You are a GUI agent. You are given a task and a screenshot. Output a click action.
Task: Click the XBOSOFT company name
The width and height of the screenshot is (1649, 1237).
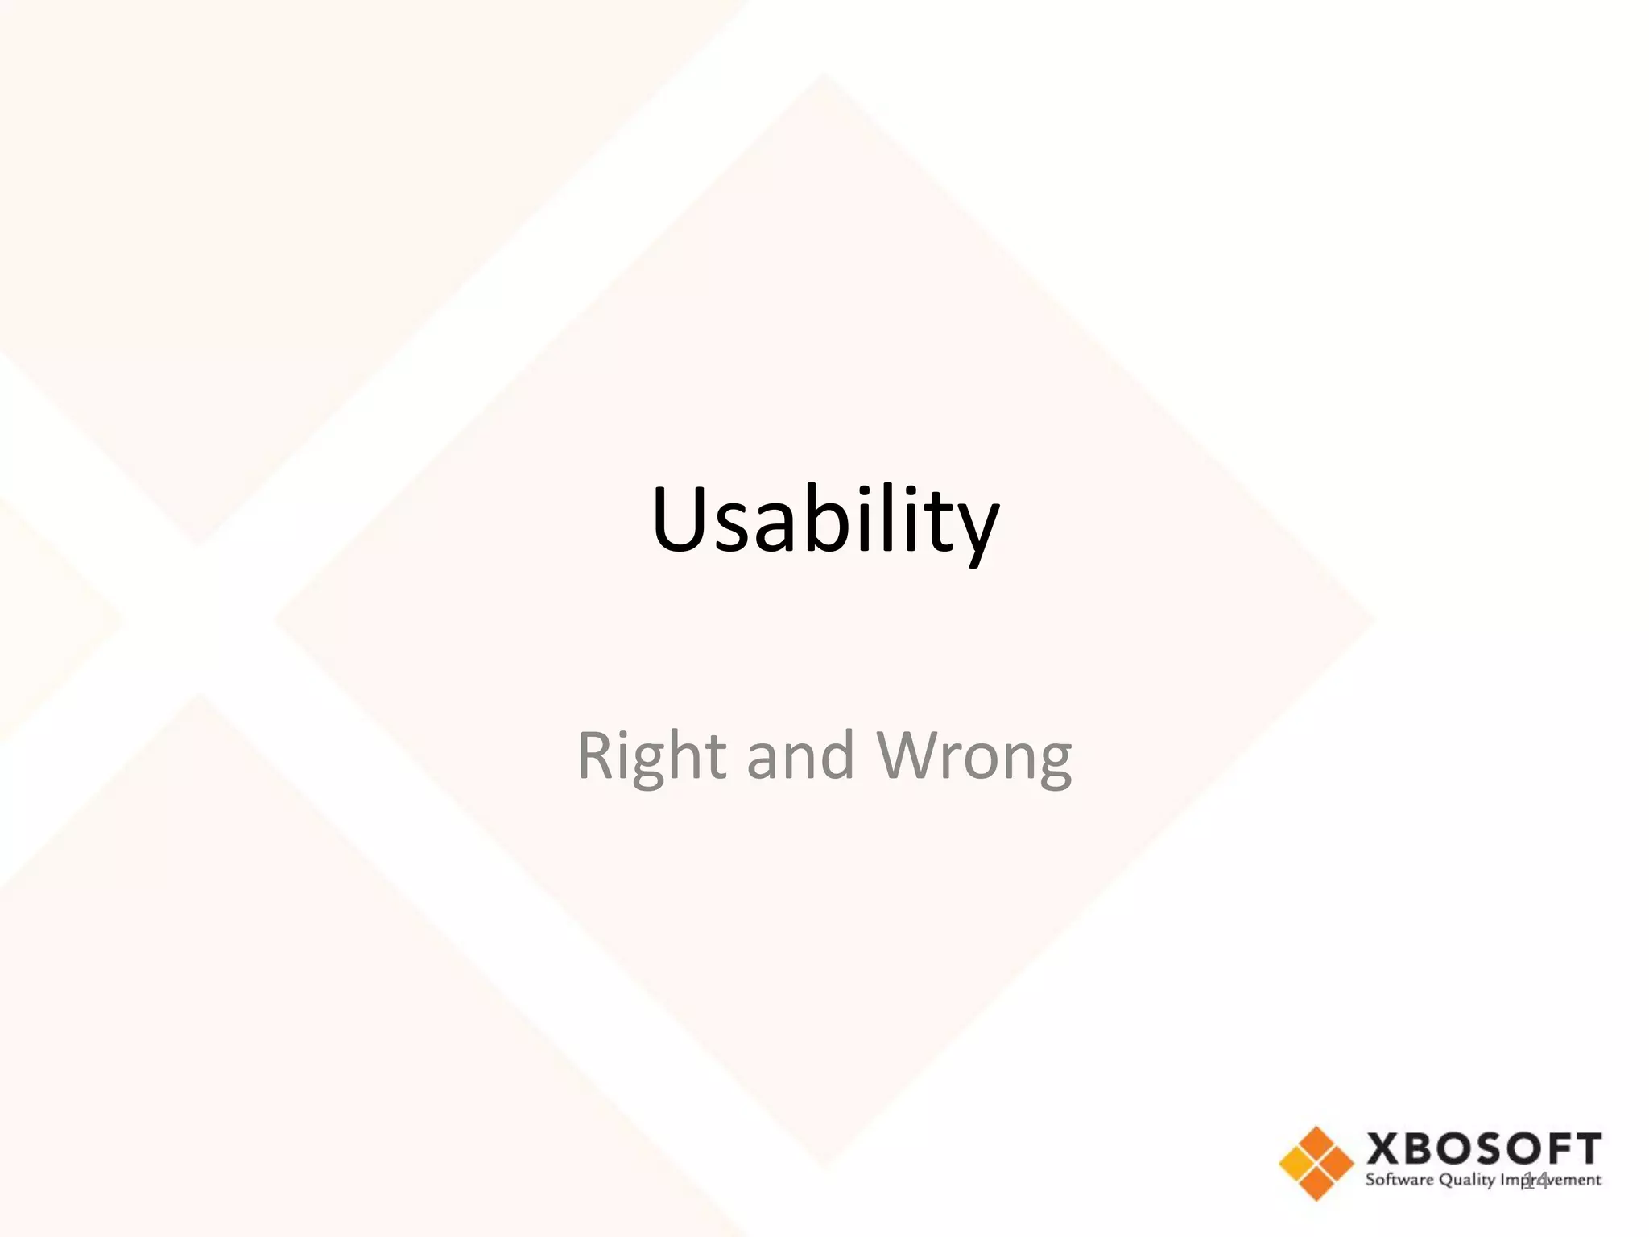tap(1484, 1149)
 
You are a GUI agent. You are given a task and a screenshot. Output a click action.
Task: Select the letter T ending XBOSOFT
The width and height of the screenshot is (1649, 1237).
tap(1587, 1149)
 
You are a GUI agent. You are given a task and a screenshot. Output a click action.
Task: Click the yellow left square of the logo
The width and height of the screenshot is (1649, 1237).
tap(1297, 1164)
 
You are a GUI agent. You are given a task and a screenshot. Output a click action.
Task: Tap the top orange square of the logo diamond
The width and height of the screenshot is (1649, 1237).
tap(1316, 1144)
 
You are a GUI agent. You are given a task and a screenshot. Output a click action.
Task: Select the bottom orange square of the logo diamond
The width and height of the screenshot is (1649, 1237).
tap(1316, 1183)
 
